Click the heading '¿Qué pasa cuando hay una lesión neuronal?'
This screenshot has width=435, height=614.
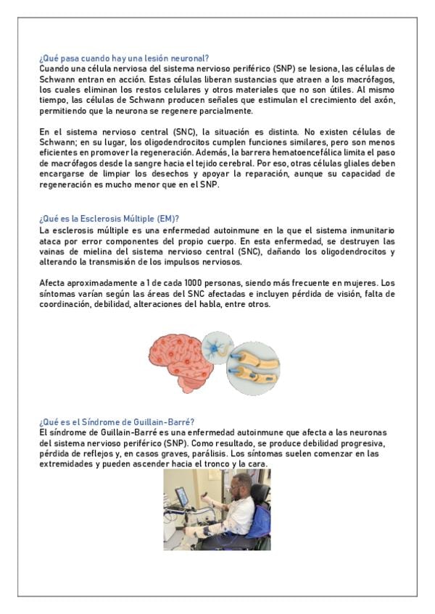(x=124, y=58)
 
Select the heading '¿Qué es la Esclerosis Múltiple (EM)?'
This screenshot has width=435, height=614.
(x=109, y=218)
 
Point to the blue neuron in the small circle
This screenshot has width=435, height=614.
(x=216, y=347)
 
